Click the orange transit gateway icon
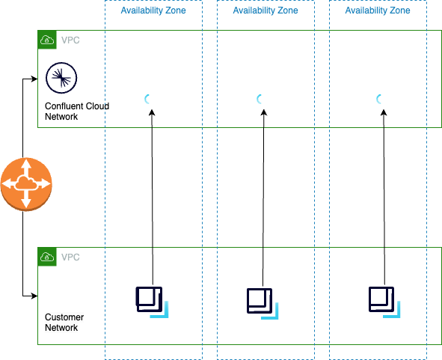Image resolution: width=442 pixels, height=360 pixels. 26,184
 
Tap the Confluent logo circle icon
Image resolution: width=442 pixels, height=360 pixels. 61,78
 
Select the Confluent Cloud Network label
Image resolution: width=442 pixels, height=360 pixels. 77,112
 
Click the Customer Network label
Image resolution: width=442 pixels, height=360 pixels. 64,322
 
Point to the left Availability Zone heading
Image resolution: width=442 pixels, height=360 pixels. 153,10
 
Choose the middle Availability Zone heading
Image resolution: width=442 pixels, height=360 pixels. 265,10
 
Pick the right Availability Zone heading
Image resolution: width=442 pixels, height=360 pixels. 378,10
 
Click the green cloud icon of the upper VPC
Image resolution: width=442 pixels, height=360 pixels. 47,40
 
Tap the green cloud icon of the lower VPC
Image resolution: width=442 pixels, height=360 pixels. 47,257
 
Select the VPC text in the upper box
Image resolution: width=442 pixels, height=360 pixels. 70,40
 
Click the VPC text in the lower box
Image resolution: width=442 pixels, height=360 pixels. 70,257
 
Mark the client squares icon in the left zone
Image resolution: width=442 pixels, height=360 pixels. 152,302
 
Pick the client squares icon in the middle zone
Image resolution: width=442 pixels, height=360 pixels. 263,304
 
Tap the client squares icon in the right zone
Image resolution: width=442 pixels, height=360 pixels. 384,302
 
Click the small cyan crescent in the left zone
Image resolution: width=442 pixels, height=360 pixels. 147,99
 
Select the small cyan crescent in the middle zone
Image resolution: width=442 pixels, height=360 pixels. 259,99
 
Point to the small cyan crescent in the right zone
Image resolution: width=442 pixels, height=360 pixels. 379,99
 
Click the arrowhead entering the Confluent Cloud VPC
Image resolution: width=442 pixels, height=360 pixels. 34,79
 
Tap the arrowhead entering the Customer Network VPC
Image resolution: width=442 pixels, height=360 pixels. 34,296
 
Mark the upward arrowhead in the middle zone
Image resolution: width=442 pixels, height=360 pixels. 264,113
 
